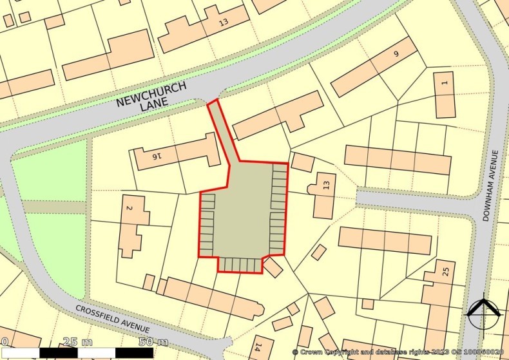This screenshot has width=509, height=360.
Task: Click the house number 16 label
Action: [153, 156]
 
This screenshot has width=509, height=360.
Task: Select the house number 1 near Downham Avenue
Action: [444, 82]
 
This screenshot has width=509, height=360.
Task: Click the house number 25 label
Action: [445, 270]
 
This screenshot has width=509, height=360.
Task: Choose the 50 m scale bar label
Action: [153, 341]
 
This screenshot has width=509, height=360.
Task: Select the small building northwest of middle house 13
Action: [302, 162]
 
